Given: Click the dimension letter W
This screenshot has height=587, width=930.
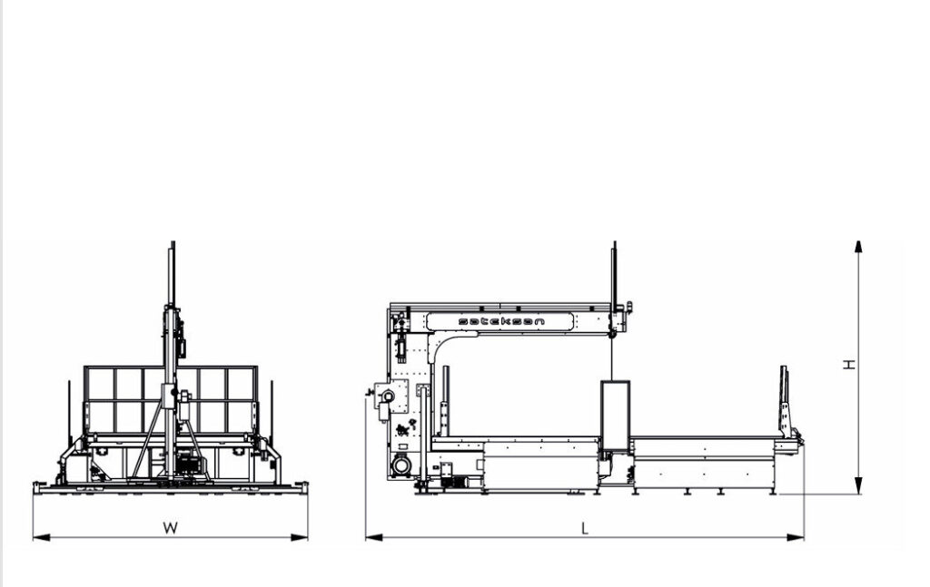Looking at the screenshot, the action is tap(170, 528).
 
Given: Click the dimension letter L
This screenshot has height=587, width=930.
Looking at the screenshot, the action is tap(585, 528).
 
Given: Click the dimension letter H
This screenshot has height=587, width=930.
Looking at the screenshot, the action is tap(849, 365).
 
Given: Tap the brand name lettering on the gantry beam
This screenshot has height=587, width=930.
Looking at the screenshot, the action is tap(501, 321).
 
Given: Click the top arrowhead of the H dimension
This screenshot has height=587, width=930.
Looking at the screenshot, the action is tap(858, 247).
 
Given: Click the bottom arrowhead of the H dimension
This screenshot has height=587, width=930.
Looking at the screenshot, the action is tap(858, 487).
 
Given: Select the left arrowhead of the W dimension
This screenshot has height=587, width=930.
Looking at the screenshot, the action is tap(41, 537).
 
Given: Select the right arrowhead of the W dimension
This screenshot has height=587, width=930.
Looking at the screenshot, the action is tap(300, 537).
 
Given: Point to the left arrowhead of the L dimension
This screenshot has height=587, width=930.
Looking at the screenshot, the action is tap(373, 537).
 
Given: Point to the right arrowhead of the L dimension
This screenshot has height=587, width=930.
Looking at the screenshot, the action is tap(796, 537).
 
